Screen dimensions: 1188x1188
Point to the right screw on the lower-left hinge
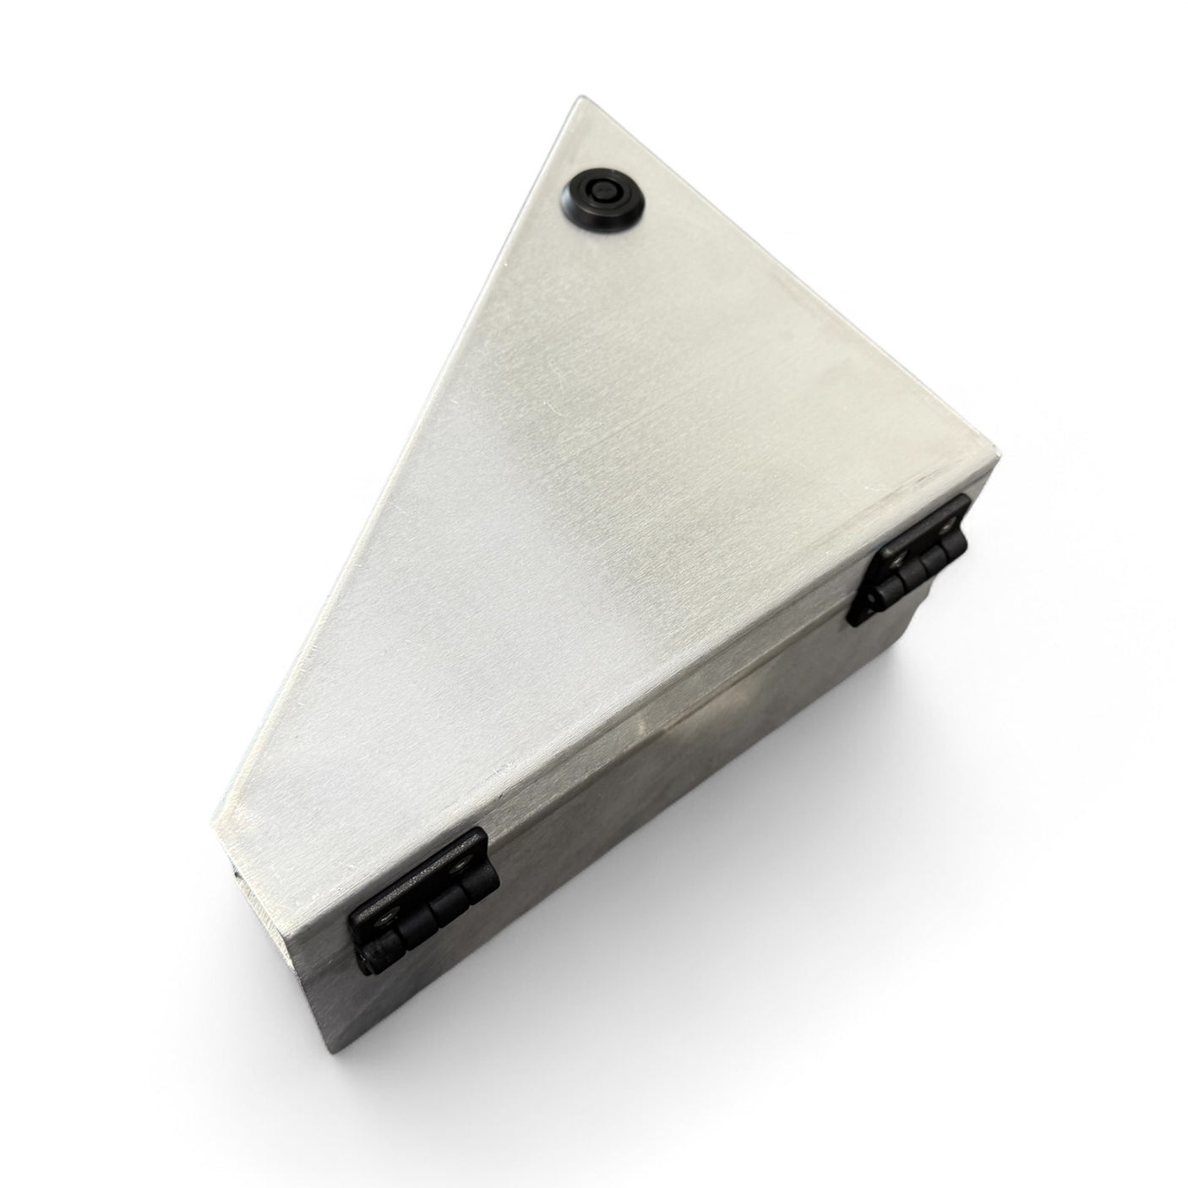(460, 866)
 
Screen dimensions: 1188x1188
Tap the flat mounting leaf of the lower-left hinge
(422, 879)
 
